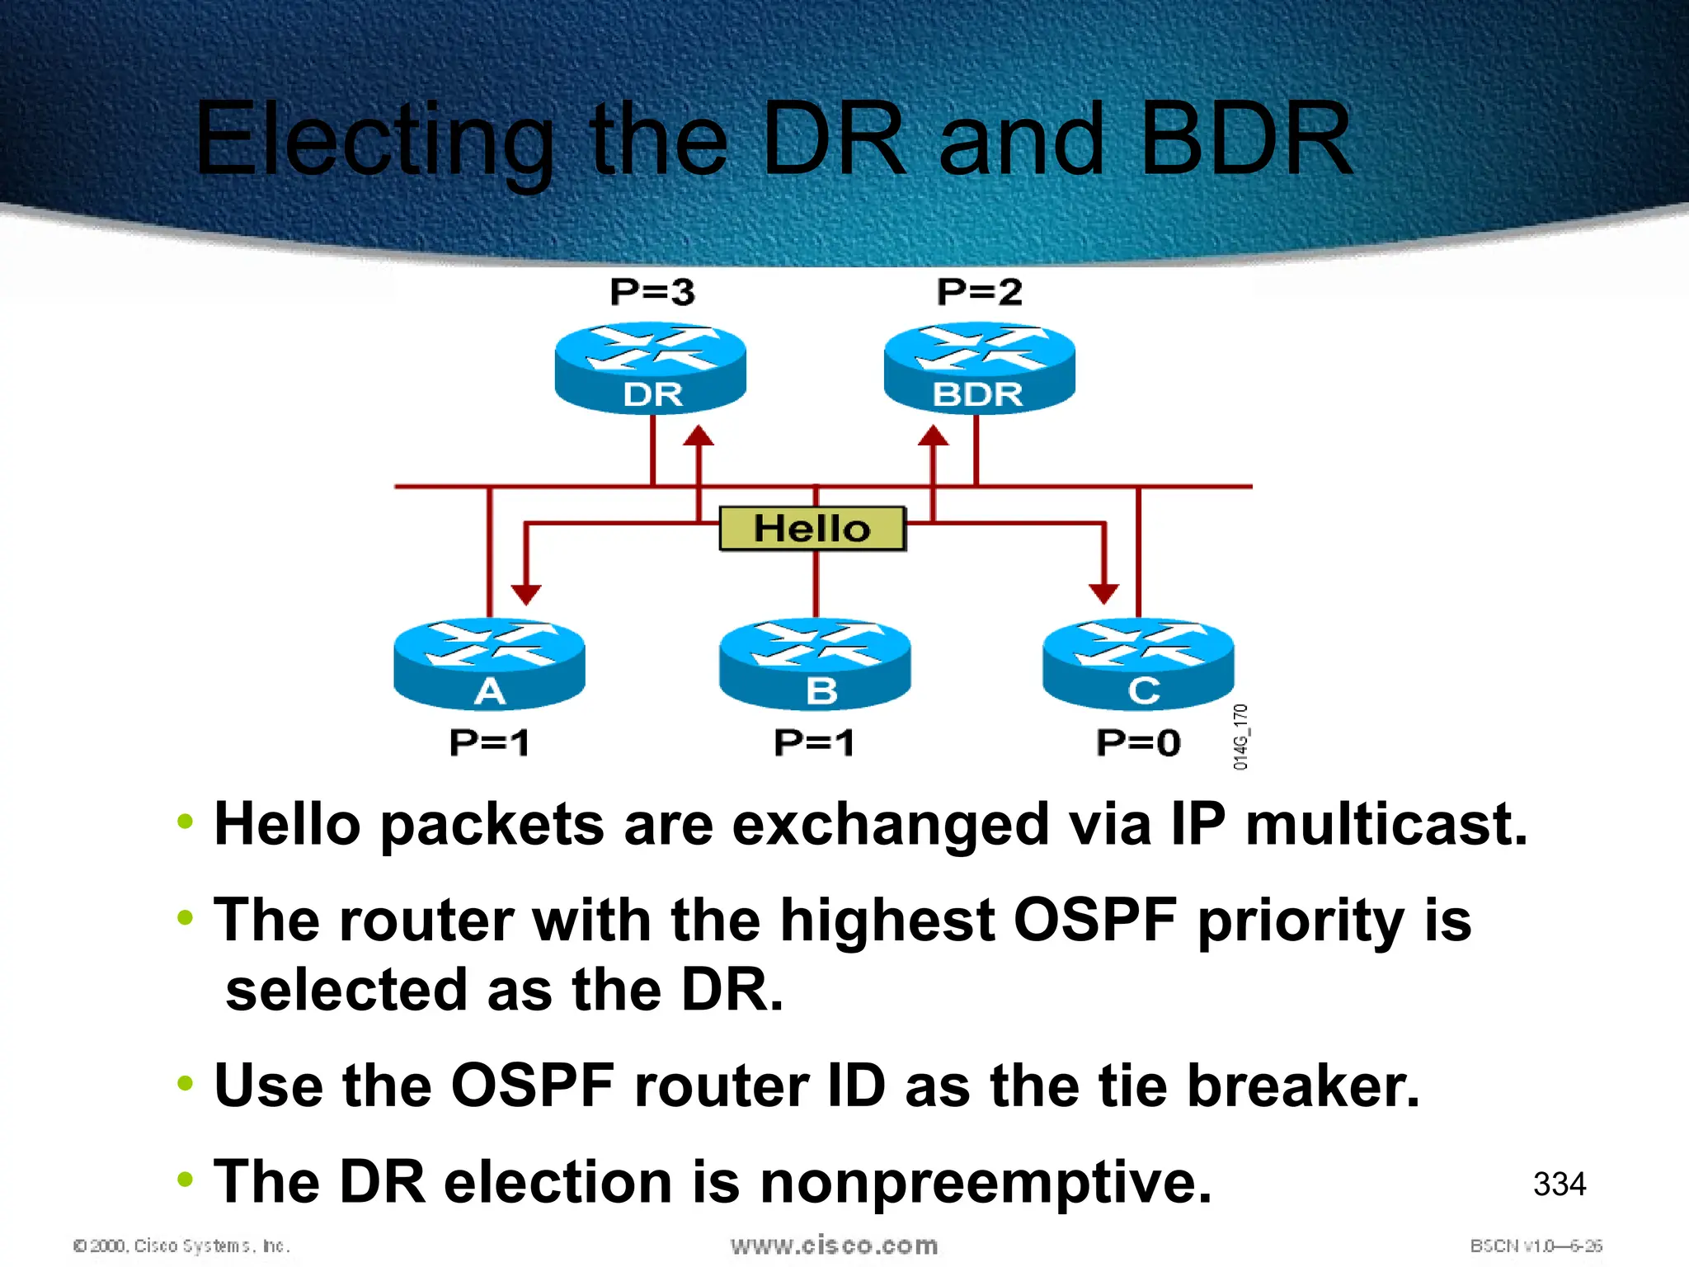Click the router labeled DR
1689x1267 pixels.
pyautogui.click(x=651, y=368)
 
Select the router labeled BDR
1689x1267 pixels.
pyautogui.click(x=979, y=368)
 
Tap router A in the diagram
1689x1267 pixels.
pyautogui.click(x=490, y=664)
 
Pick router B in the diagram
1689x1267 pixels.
pyautogui.click(x=815, y=664)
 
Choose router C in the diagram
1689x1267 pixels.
pyautogui.click(x=1138, y=664)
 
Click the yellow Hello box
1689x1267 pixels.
pyautogui.click(x=812, y=528)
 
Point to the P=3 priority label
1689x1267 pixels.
pyautogui.click(x=652, y=292)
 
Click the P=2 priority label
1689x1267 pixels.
pyautogui.click(x=980, y=292)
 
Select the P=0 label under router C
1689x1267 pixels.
pyautogui.click(x=1138, y=742)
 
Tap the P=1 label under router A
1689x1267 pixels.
pyautogui.click(x=490, y=742)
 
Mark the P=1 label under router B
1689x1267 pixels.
pyautogui.click(x=815, y=742)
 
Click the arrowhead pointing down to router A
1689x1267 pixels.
pyautogui.click(x=526, y=594)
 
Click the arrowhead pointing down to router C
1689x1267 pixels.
pyautogui.click(x=1103, y=593)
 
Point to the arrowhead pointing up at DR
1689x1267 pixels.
pyautogui.click(x=699, y=436)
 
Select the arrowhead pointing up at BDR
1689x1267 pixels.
pyautogui.click(x=934, y=436)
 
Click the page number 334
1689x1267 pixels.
pyautogui.click(x=1560, y=1185)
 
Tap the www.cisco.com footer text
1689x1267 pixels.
pyautogui.click(x=834, y=1245)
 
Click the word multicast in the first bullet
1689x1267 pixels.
pyautogui.click(x=1386, y=824)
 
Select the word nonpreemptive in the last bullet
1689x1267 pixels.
pyautogui.click(x=986, y=1182)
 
